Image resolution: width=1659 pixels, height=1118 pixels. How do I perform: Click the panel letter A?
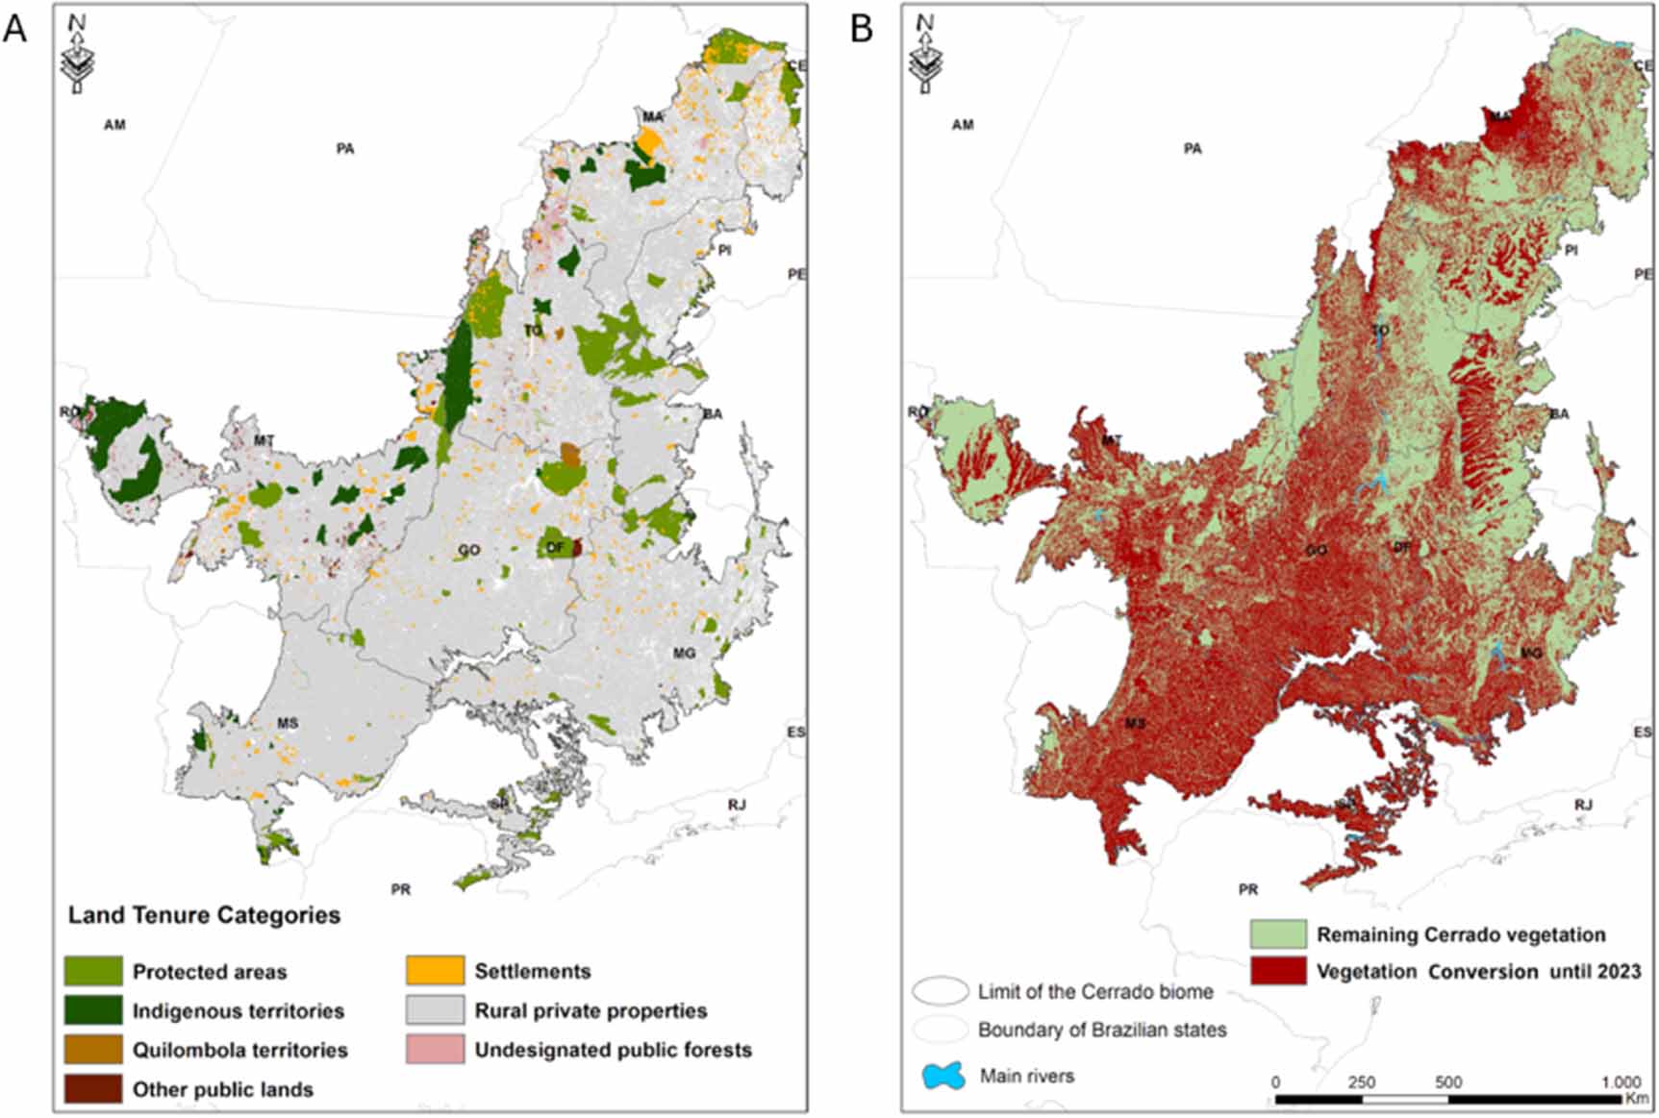click(x=15, y=29)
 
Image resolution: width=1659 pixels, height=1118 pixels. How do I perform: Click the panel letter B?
click(x=862, y=29)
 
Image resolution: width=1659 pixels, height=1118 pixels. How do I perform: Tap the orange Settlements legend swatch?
click(x=435, y=971)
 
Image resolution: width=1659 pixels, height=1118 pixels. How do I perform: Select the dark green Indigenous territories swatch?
click(x=93, y=1010)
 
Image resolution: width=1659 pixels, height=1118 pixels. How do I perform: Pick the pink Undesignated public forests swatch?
click(x=435, y=1050)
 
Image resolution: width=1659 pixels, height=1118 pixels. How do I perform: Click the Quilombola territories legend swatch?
click(x=93, y=1050)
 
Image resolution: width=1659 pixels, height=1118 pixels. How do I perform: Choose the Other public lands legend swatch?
click(x=93, y=1089)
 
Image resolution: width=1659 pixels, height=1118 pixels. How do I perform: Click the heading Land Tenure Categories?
click(x=204, y=915)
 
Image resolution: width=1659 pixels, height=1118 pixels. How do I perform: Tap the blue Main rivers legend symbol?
click(x=943, y=1076)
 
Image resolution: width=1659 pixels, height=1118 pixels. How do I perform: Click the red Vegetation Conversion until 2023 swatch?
click(x=1278, y=971)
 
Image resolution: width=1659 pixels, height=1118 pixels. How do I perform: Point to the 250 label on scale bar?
click(x=1361, y=1082)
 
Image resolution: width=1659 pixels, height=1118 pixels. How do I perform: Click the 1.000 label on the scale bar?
click(x=1621, y=1082)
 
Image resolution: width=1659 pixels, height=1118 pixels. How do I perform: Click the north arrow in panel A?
click(x=76, y=56)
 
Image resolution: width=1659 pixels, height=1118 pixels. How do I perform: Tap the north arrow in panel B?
click(x=924, y=56)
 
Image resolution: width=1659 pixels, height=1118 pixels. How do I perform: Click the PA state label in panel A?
click(x=345, y=149)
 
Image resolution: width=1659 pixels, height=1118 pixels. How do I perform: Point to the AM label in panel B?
click(x=963, y=125)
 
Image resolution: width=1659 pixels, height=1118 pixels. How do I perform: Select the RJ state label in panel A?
click(x=737, y=805)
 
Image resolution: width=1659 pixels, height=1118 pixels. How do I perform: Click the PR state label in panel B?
click(x=1248, y=890)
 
